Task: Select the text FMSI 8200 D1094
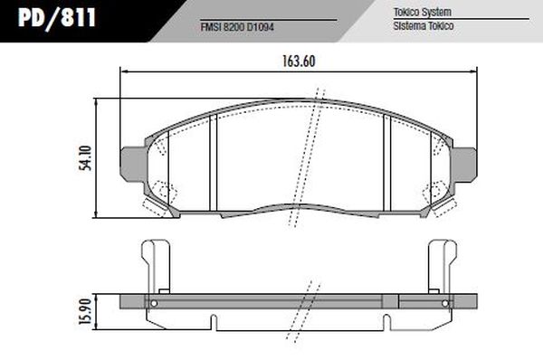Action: [236, 26]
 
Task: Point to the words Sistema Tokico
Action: [423, 26]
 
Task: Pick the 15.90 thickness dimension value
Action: [82, 309]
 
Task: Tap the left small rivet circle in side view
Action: [153, 302]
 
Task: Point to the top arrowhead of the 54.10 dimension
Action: [98, 99]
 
